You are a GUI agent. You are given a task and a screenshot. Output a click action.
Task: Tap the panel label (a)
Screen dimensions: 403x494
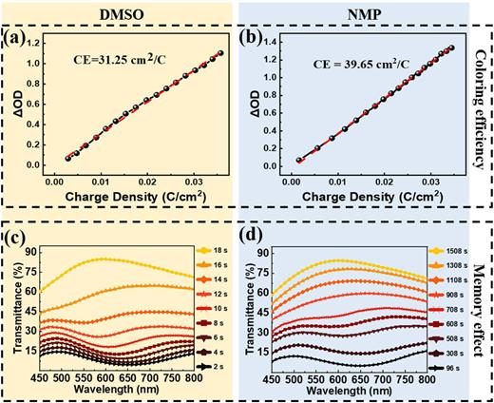(20, 40)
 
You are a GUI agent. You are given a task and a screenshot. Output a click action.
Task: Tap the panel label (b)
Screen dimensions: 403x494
(258, 41)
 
